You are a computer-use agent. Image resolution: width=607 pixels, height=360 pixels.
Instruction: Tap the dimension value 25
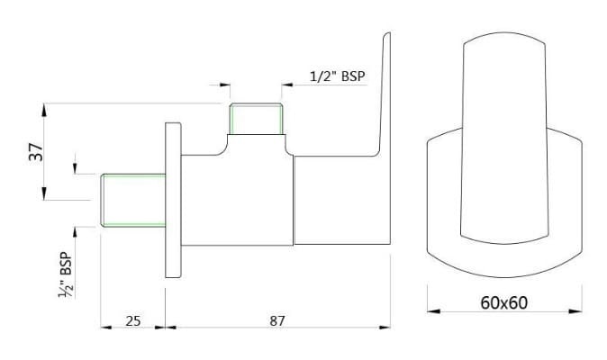(131, 320)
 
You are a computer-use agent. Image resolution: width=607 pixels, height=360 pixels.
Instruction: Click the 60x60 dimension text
(504, 302)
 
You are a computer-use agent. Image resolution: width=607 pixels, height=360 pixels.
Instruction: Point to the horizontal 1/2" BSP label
(337, 76)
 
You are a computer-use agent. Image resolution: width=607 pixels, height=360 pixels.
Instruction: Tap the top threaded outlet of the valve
(257, 120)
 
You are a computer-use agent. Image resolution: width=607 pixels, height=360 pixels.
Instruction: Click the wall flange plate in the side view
(173, 200)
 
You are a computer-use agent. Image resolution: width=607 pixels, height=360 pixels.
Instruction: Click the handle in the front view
(503, 135)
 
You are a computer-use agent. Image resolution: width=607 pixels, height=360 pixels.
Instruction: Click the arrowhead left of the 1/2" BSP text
(288, 85)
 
